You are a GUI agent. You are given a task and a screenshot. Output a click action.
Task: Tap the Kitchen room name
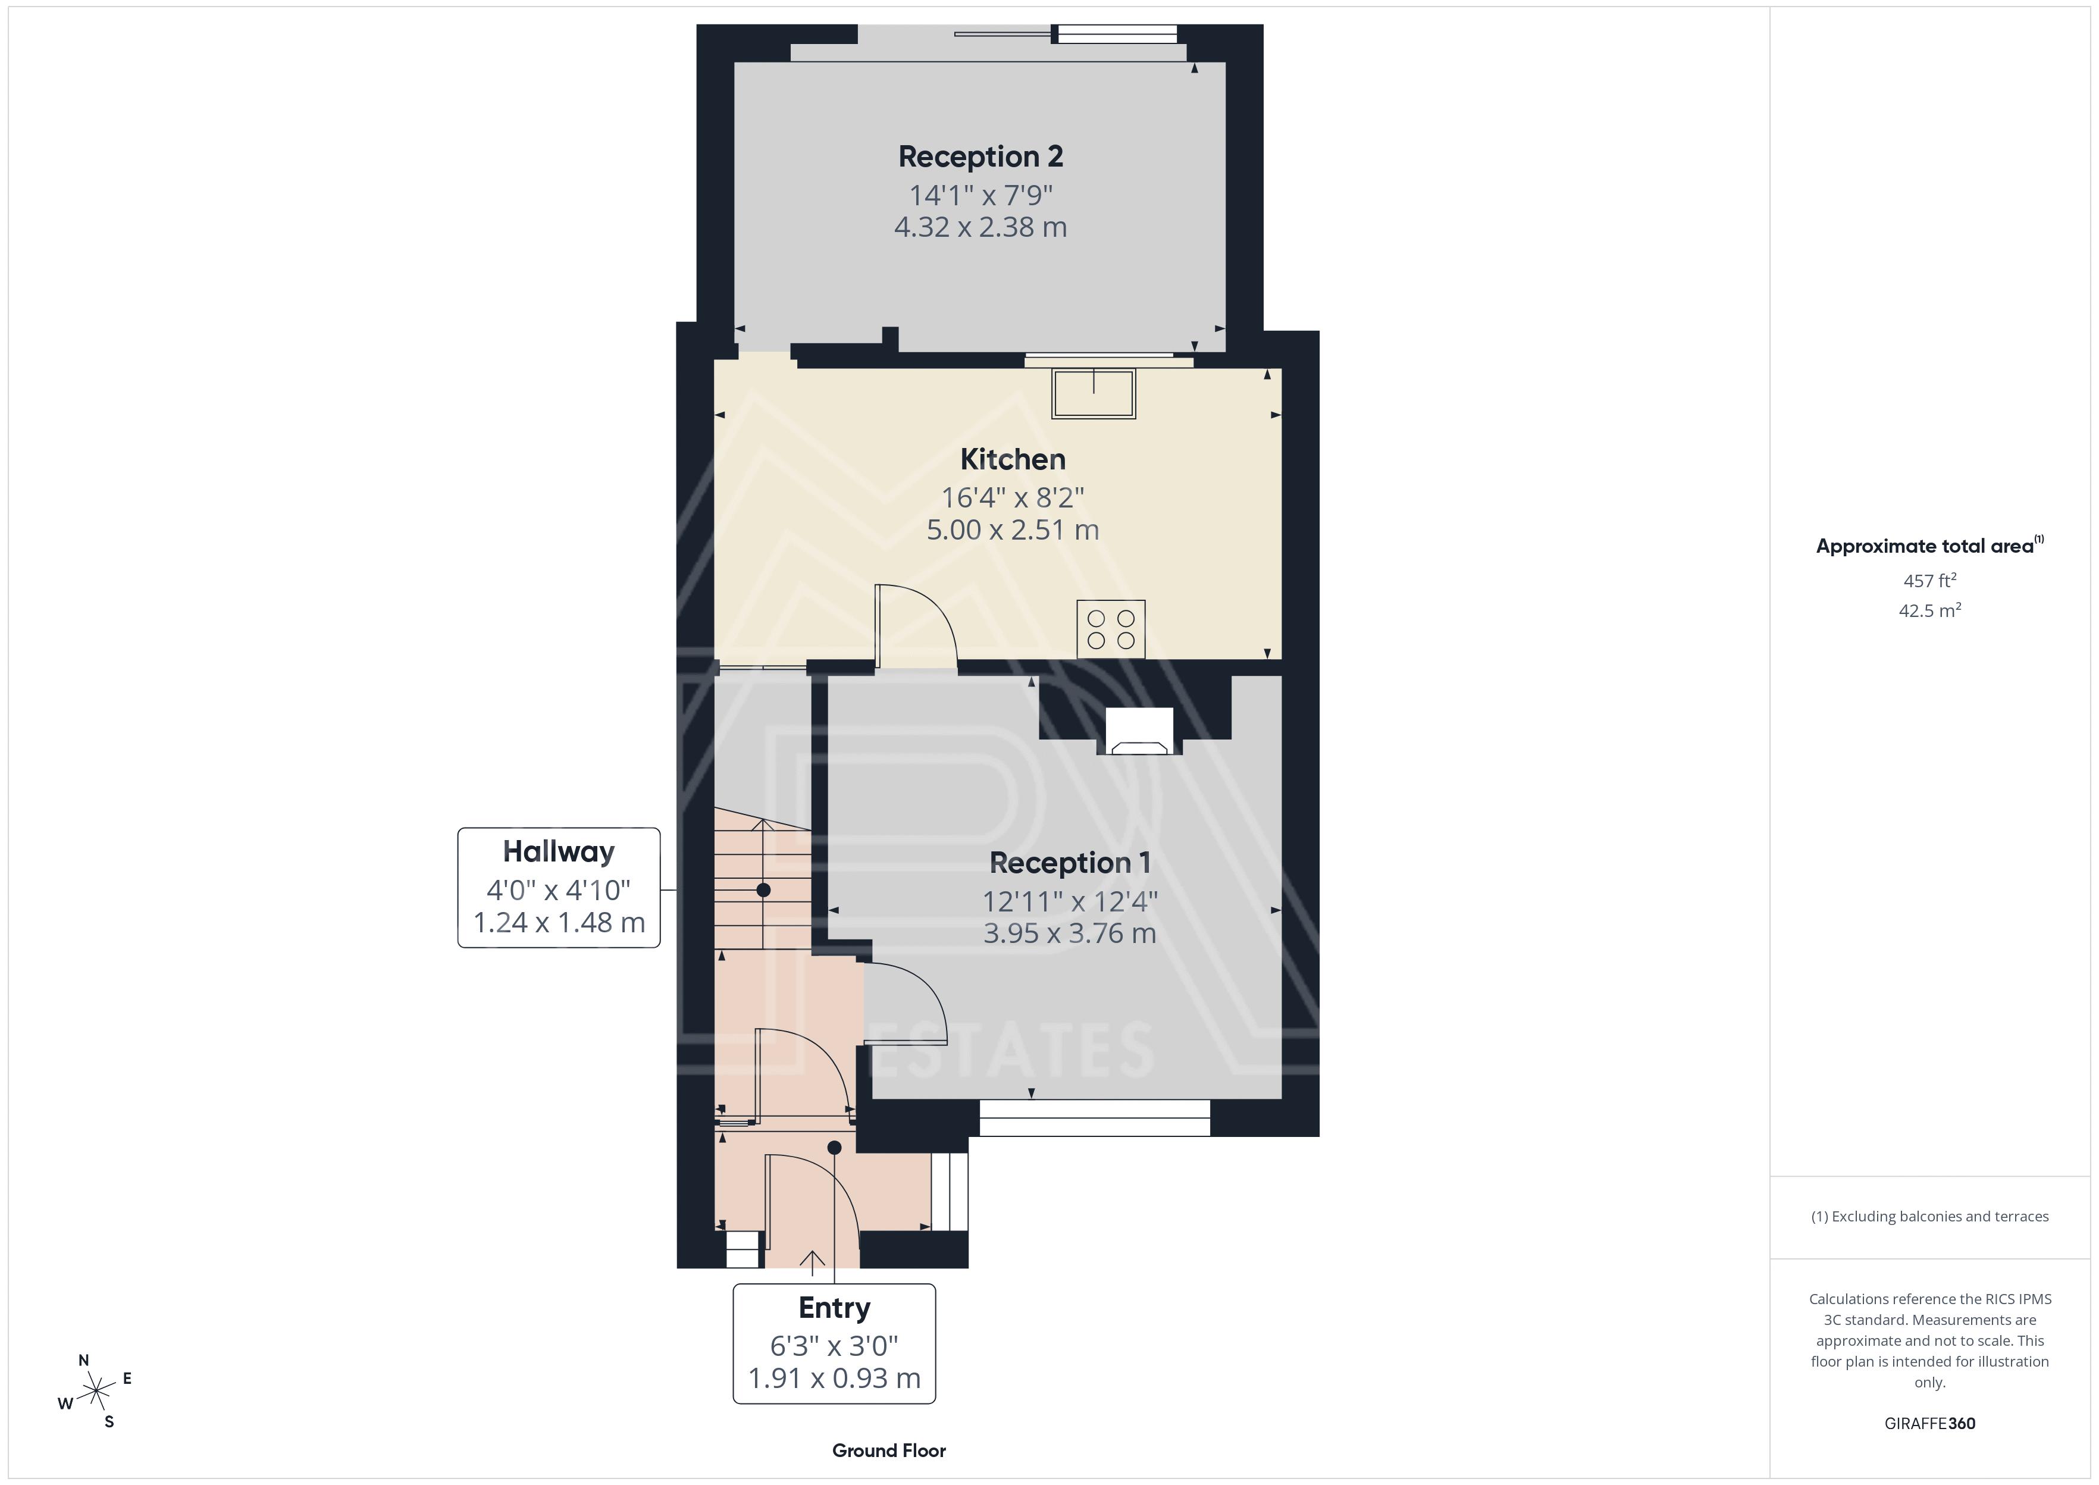coord(1012,459)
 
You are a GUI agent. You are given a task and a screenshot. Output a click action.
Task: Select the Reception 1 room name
coord(1070,862)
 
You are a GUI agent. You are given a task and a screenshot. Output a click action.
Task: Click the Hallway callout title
coord(559,852)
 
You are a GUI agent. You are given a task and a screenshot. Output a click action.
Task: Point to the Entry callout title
coord(834,1308)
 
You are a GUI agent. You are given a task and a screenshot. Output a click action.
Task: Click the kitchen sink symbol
coord(1094,393)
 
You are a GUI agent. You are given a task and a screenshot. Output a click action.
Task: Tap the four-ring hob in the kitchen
coord(1111,629)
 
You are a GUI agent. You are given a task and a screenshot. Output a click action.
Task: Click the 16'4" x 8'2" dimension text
coord(1012,497)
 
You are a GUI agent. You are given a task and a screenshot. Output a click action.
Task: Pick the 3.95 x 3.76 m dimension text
coord(1070,933)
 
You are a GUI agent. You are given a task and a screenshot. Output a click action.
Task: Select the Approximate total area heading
coord(1929,546)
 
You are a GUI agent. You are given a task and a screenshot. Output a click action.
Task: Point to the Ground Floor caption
coord(889,1450)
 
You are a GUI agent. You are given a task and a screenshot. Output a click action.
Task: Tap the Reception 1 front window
coord(1094,1117)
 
